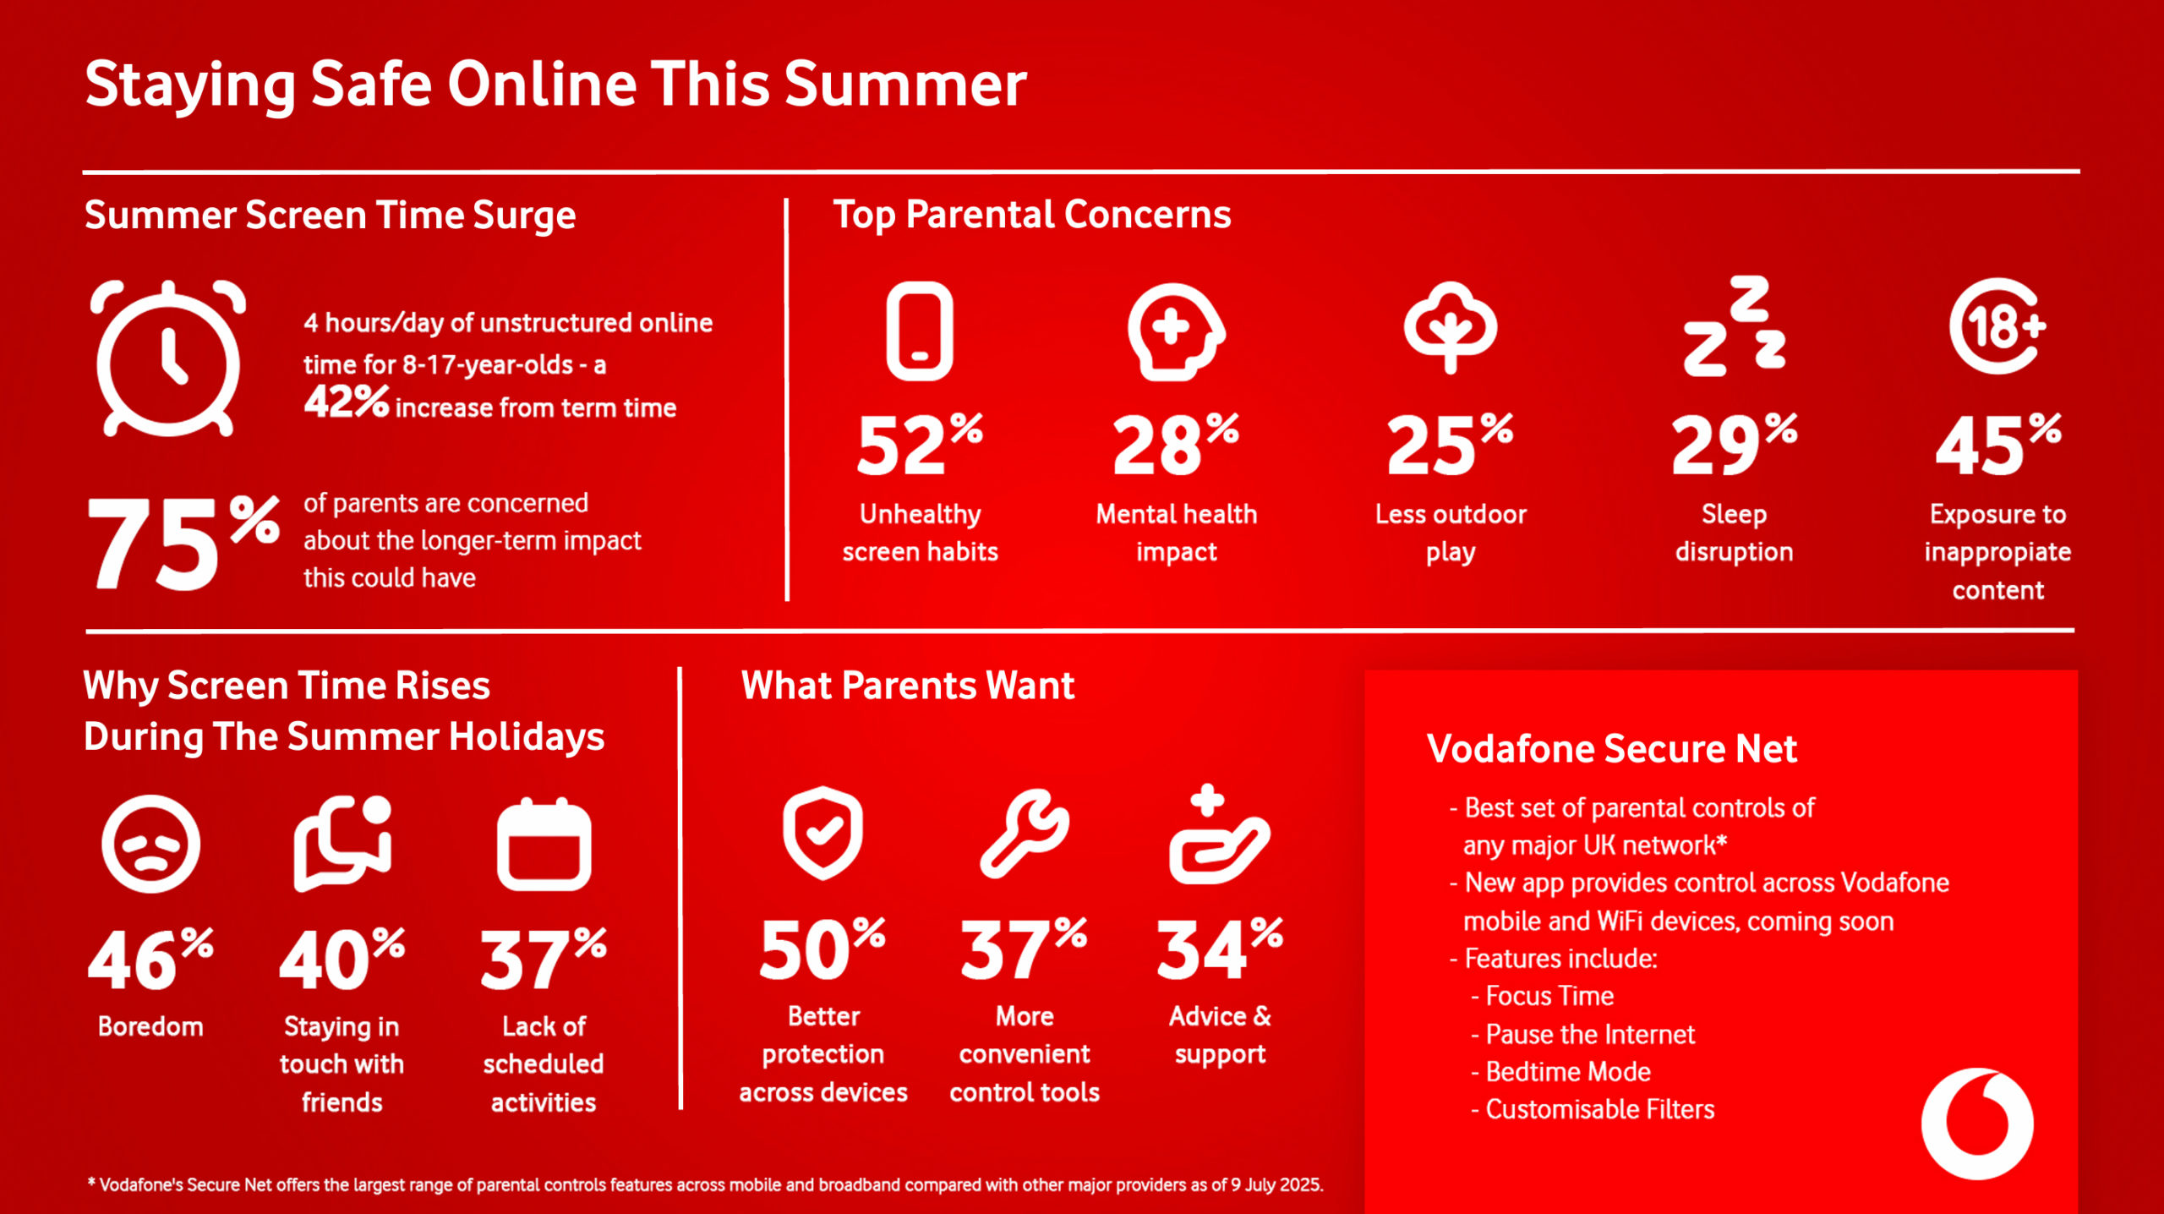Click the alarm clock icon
[169, 358]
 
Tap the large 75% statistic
[183, 542]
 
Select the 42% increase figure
[347, 402]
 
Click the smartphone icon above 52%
[920, 331]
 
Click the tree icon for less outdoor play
[1451, 328]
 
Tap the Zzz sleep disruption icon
[1735, 326]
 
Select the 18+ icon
[1997, 325]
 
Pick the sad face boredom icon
[150, 844]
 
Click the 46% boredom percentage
[150, 959]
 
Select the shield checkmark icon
[822, 833]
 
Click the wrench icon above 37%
[1025, 834]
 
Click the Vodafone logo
[1977, 1124]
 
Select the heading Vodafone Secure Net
[1612, 749]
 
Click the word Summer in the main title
[905, 85]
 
